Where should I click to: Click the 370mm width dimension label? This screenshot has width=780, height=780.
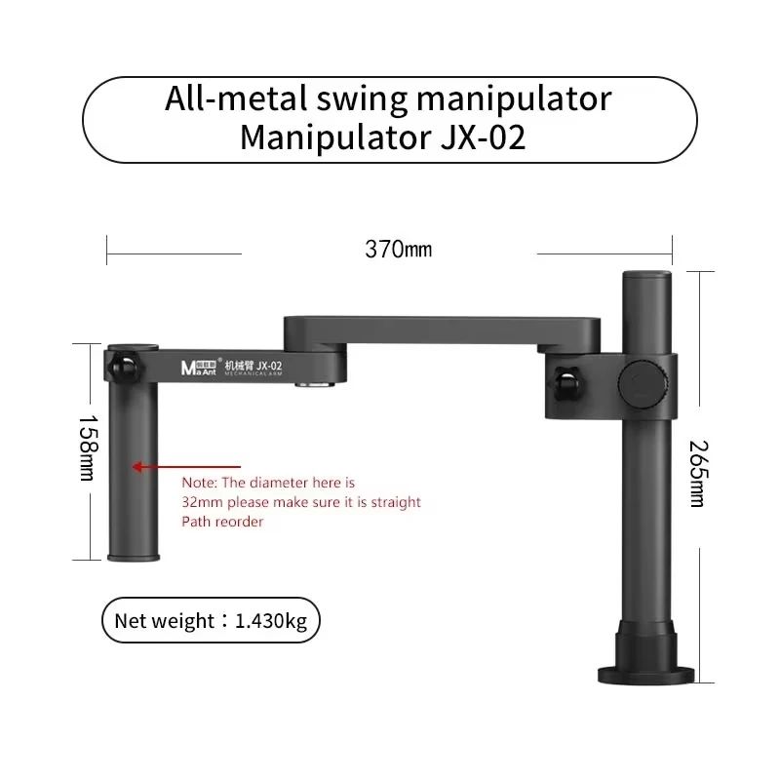[x=398, y=250]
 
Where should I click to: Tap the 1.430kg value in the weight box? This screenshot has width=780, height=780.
[x=271, y=621]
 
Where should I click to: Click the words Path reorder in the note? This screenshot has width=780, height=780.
[x=222, y=522]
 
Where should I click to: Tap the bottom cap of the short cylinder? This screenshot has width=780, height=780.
[x=132, y=557]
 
